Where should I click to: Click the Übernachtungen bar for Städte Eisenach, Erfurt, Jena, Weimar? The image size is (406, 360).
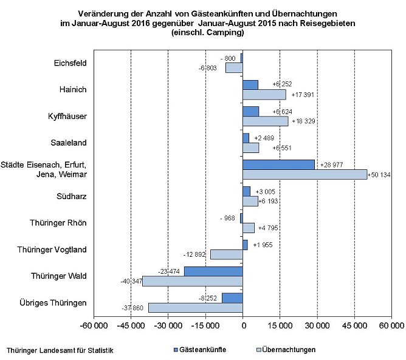click(x=304, y=174)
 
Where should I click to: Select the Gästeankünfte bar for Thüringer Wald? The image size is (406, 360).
click(x=213, y=271)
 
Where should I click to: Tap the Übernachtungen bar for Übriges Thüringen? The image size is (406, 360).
click(x=195, y=307)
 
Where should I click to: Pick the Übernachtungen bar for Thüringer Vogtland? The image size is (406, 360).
click(x=226, y=254)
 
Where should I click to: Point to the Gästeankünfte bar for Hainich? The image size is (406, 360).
click(x=250, y=85)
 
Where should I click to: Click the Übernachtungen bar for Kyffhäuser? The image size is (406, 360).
click(x=265, y=121)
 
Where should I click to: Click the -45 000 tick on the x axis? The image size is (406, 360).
click(x=131, y=327)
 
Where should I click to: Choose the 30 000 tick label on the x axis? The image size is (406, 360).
click(x=317, y=327)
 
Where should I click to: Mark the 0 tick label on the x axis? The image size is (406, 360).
click(x=243, y=327)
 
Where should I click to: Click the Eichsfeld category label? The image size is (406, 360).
click(x=70, y=63)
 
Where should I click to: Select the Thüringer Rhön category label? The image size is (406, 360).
click(x=58, y=223)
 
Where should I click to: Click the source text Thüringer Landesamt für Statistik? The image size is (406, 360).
click(x=60, y=350)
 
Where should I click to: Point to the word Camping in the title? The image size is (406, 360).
click(x=225, y=32)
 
